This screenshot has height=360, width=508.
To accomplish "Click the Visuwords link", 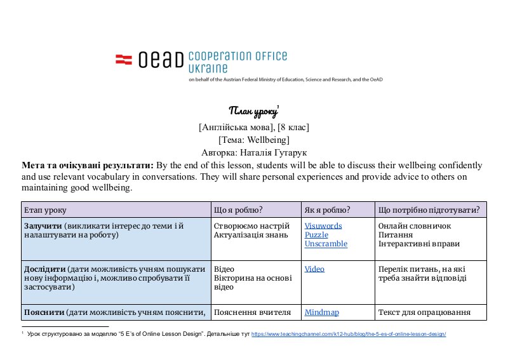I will tap(323, 226).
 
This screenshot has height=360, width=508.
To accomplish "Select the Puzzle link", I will tap(316, 235).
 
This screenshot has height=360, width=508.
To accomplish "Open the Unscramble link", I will tap(326, 244).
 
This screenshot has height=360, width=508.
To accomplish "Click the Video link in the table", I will tap(314, 269).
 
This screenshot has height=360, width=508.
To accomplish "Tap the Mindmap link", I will tap(321, 312).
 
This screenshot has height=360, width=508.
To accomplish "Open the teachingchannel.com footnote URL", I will tap(349, 334).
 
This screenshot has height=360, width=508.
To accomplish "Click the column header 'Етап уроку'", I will tap(44, 210).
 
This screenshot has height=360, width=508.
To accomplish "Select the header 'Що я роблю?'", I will tap(239, 210).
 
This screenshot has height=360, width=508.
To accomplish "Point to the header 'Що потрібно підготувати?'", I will tap(429, 210).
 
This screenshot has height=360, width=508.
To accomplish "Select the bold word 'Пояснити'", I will tap(43, 312).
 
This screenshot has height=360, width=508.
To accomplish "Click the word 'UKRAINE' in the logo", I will tap(208, 67).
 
